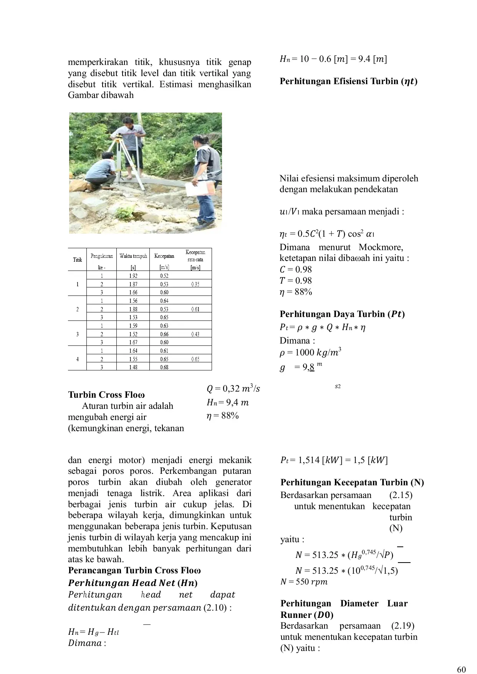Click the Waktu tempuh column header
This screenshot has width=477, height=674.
pos(133,256)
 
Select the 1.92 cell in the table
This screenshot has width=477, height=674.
pos(133,276)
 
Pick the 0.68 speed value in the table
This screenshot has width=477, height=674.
pos(164,367)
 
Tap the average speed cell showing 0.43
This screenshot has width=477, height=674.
pos(195,334)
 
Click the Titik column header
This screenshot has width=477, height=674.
pos(78,260)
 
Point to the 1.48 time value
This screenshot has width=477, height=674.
pos(133,367)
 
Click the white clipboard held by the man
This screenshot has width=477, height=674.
pos(200,188)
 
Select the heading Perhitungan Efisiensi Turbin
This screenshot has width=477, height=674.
pos(348,81)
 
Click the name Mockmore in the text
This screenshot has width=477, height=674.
pos(381,247)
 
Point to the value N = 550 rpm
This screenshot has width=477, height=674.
pos(304,582)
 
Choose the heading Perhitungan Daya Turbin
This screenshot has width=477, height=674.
pos(342,314)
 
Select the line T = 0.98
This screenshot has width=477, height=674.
pos(296,281)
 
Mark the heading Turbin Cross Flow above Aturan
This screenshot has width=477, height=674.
pos(106,395)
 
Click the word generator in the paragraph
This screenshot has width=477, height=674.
pos(234,482)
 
